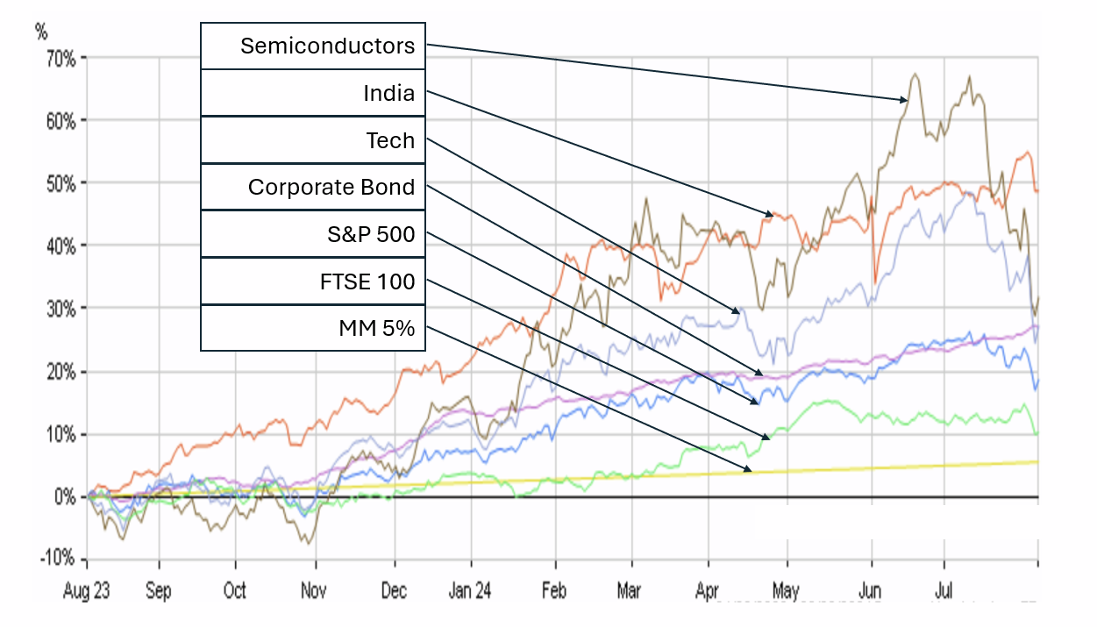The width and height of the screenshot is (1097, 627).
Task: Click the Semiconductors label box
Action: pyautogui.click(x=313, y=46)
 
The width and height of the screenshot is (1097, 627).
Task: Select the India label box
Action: pyautogui.click(x=313, y=93)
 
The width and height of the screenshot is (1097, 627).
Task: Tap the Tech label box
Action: pyautogui.click(x=313, y=140)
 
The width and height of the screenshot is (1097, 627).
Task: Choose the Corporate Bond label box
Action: pyautogui.click(x=313, y=187)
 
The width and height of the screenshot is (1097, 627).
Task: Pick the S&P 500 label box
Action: pyautogui.click(x=313, y=234)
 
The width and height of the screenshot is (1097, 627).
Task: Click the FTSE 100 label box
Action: pyautogui.click(x=313, y=281)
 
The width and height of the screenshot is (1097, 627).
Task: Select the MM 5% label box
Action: pyautogui.click(x=313, y=329)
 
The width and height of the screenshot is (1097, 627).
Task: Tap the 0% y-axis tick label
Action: pyautogui.click(x=69, y=497)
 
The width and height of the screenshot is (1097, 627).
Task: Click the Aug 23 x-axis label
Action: pyautogui.click(x=86, y=591)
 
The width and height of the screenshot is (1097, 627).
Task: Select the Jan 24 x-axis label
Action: pyautogui.click(x=470, y=591)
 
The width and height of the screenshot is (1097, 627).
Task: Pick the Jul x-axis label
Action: pyautogui.click(x=944, y=591)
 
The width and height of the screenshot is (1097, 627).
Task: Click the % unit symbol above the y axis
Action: pyautogui.click(x=41, y=33)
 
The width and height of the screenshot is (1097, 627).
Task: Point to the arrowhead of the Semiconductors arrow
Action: pyautogui.click(x=905, y=100)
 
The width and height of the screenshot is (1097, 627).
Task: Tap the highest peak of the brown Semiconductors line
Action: pyautogui.click(x=915, y=75)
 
